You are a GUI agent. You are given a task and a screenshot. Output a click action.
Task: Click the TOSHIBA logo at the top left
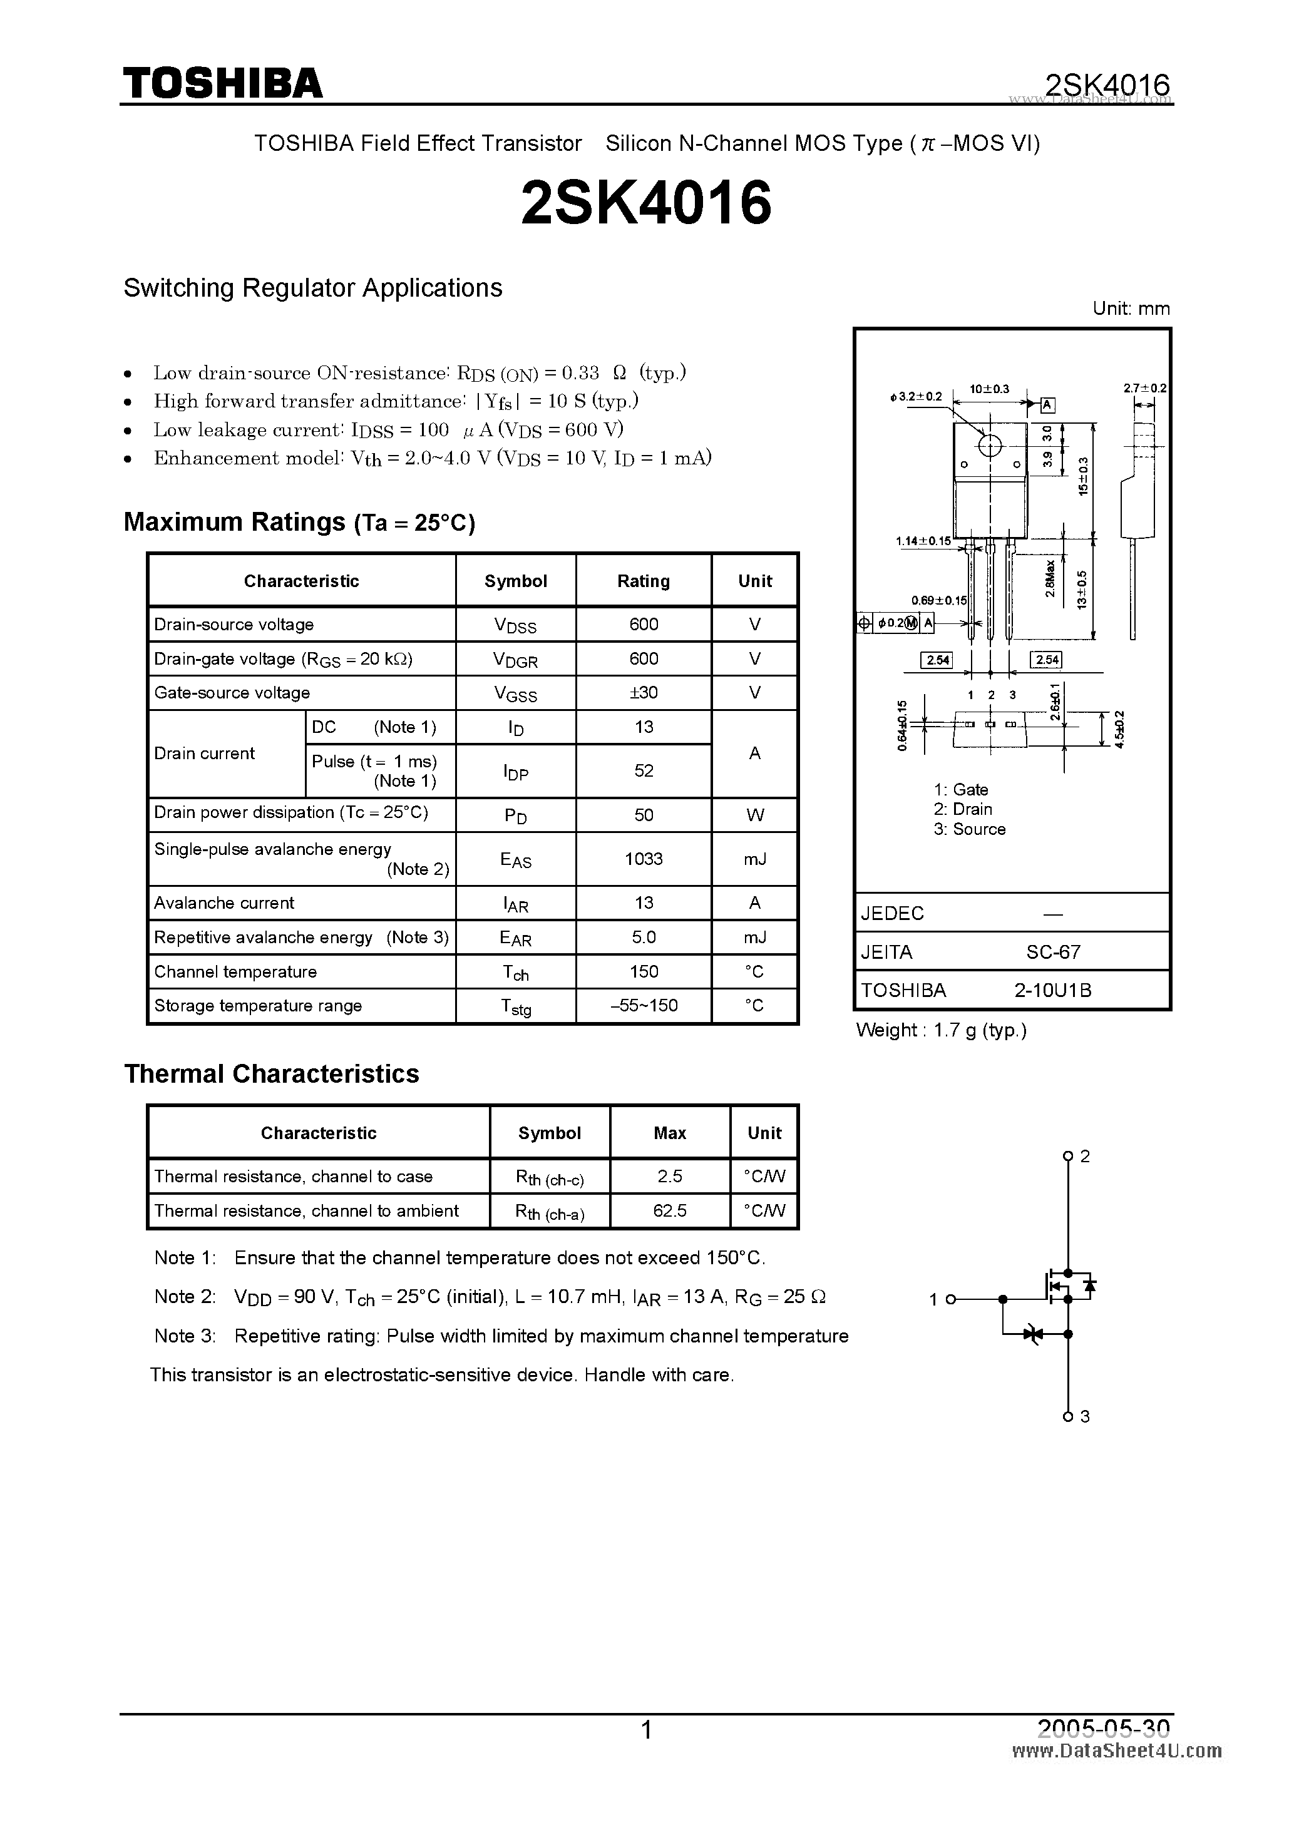click(222, 83)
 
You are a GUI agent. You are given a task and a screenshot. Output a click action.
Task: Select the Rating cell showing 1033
click(644, 859)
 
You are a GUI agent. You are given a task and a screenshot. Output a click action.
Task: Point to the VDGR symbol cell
click(515, 659)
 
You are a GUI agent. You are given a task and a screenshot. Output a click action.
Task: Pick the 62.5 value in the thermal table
click(670, 1210)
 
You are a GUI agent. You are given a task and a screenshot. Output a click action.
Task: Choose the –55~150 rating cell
click(644, 1006)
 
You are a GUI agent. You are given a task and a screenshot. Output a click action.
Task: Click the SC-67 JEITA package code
click(1053, 952)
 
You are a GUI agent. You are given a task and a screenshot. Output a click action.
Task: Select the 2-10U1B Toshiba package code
click(1052, 990)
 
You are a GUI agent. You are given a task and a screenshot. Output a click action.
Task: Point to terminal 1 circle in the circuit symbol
click(950, 1299)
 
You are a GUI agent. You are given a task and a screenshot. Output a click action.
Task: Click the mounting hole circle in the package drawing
click(989, 446)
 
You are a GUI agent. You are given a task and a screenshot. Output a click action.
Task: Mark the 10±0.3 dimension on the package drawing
click(989, 389)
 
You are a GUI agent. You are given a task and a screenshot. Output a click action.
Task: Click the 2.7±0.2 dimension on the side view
click(1145, 388)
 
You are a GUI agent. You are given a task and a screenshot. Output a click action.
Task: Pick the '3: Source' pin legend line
click(970, 829)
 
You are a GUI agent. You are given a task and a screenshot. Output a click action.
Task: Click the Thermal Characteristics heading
click(271, 1073)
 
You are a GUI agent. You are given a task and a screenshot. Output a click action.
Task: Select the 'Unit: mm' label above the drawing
click(1131, 309)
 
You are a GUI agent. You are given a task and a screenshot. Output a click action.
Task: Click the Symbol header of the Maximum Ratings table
click(515, 581)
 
